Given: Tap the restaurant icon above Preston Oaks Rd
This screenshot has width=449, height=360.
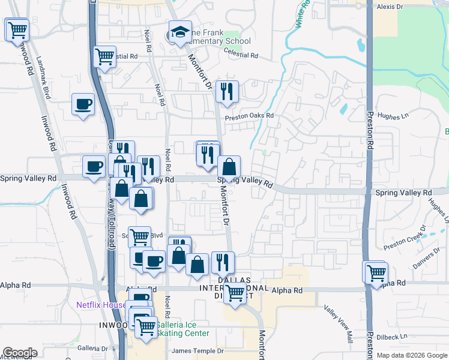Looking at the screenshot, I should coord(227,91).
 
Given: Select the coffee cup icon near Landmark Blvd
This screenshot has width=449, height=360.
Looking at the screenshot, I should coord(83,104).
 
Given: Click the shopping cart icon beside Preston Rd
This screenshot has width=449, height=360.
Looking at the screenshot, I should coord(376,272).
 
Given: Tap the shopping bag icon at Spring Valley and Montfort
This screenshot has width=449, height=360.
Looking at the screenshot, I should coord(229,167).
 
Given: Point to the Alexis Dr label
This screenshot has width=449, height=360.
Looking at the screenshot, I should coord(390,7).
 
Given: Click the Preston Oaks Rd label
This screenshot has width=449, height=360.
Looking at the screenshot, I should coord(249,116).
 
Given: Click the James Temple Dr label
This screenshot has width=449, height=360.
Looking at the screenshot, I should coord(197,351).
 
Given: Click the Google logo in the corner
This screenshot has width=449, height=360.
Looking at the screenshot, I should coord(20,353).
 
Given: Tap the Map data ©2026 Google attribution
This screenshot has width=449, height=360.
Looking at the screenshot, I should coord(412,356).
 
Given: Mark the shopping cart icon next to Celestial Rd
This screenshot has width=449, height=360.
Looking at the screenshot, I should coord(105,57).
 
